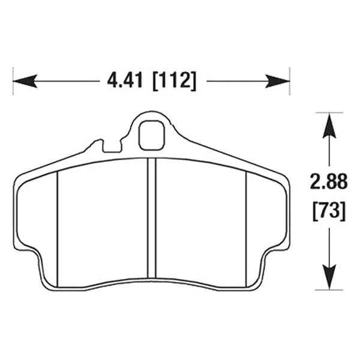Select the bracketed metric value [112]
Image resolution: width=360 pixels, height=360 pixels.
pos(174,80)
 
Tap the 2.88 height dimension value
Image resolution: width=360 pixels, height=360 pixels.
pos(328,181)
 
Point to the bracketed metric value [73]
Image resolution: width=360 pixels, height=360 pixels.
pos(328,210)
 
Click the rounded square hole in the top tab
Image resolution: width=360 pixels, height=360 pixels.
pos(151,136)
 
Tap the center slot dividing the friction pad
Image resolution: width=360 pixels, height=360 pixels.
pos(152,219)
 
